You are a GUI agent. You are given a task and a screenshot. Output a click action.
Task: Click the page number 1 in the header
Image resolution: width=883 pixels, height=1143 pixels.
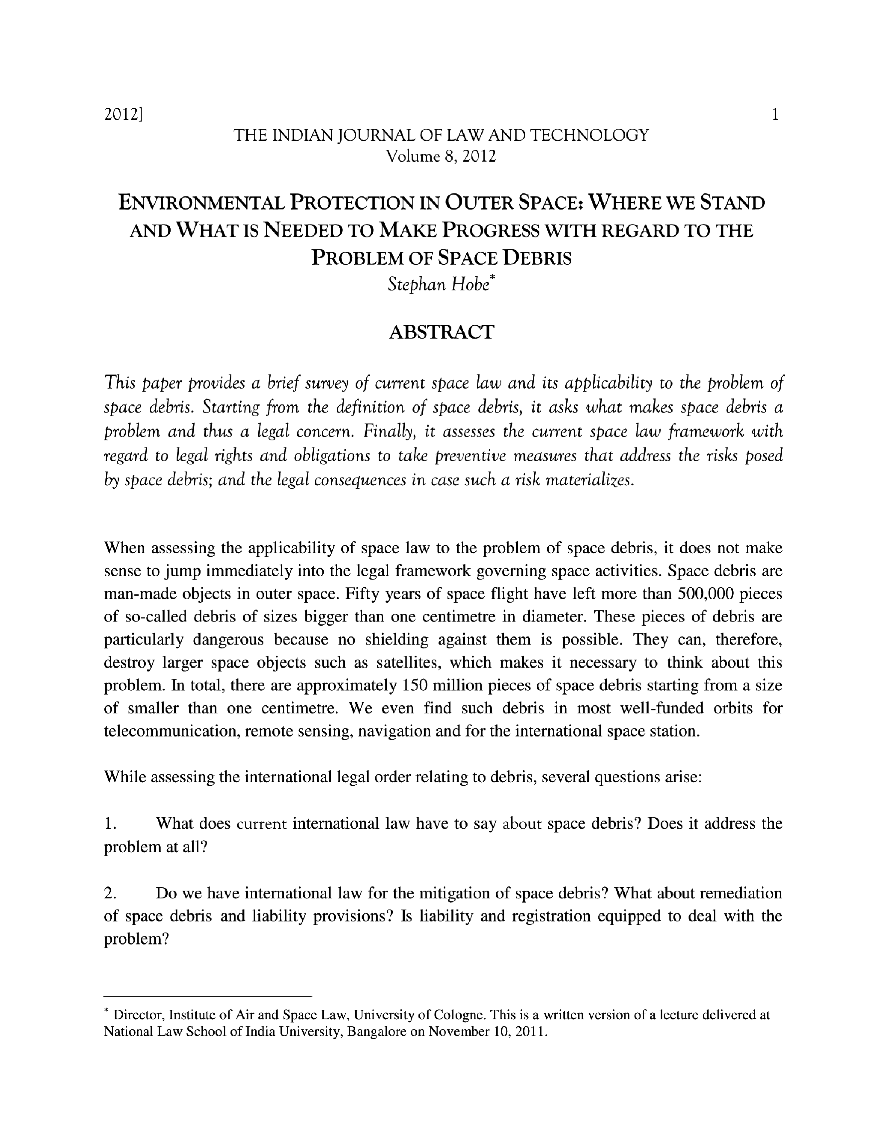pyautogui.click(x=775, y=114)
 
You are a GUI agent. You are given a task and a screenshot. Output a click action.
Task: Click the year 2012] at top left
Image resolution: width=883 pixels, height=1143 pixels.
pyautogui.click(x=124, y=114)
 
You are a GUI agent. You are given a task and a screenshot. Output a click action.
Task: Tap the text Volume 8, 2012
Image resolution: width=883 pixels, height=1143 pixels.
pyautogui.click(x=441, y=156)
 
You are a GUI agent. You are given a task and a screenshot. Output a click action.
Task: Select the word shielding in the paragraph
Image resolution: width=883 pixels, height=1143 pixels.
pyautogui.click(x=397, y=639)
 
